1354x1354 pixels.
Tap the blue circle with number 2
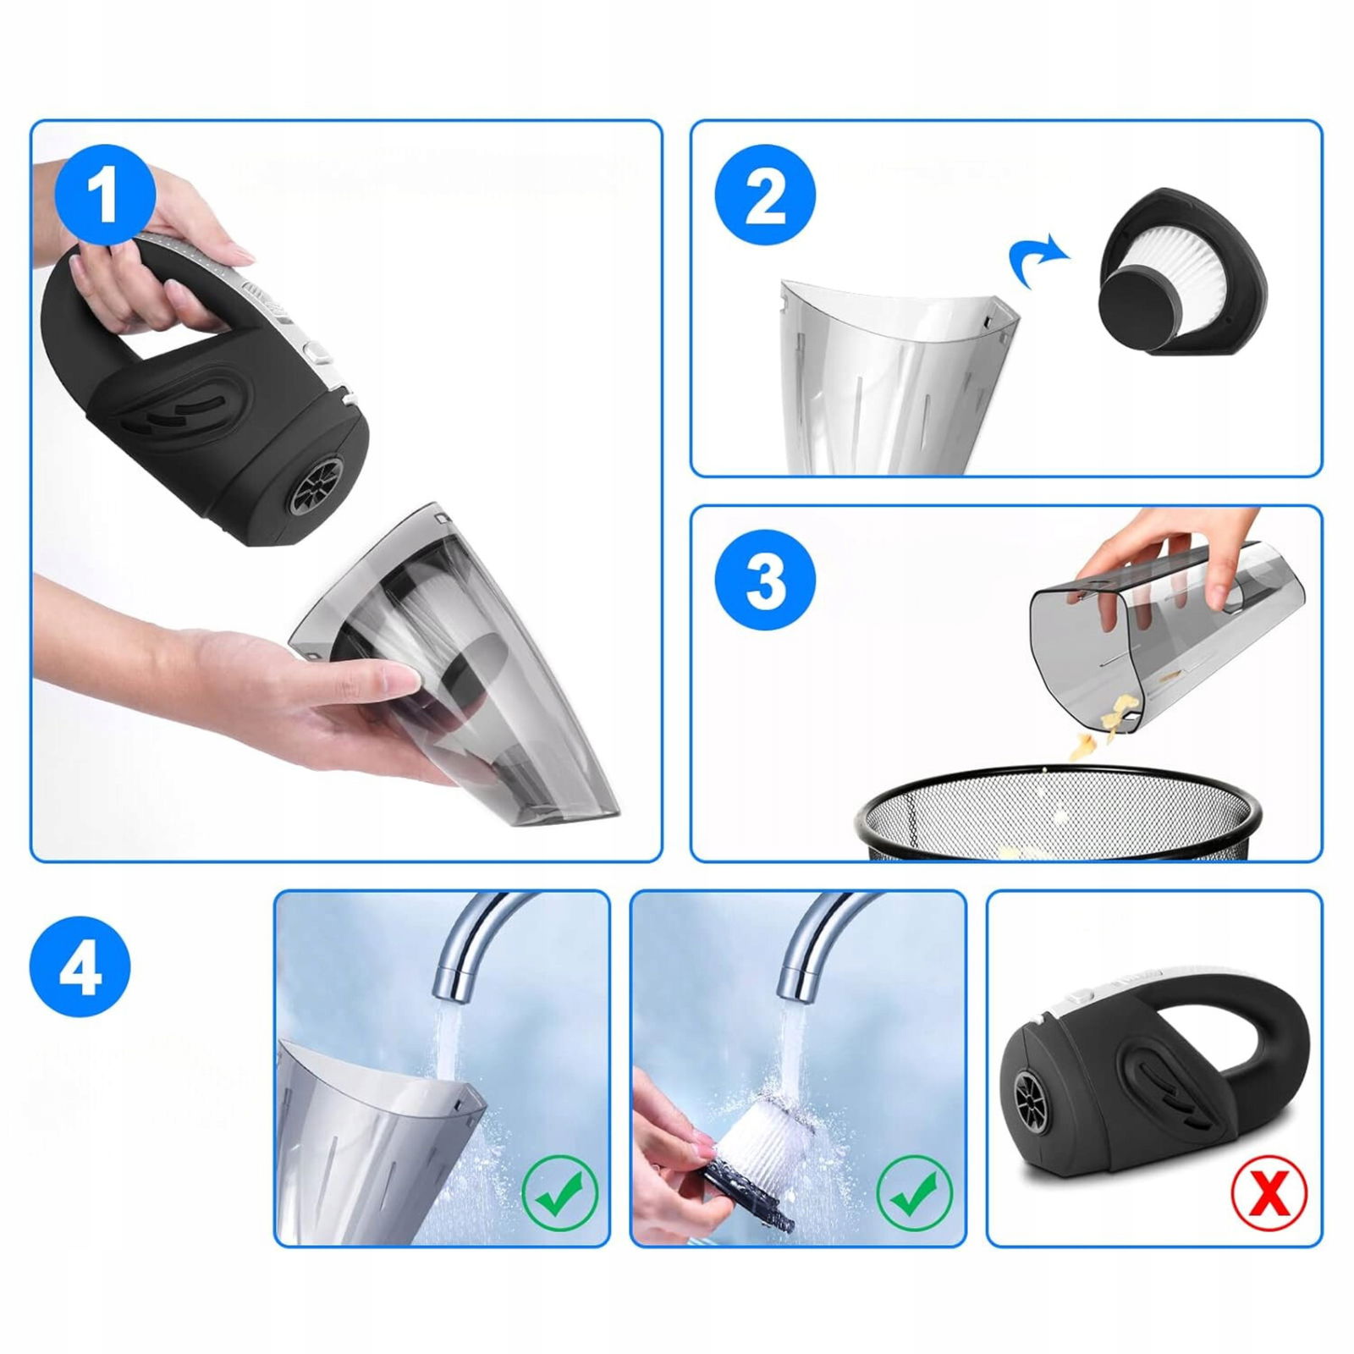coord(765,195)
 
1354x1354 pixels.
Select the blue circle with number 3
coord(765,581)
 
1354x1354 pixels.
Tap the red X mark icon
coord(1269,1193)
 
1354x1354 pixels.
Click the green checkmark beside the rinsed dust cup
coord(559,1193)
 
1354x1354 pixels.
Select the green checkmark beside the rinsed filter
coord(914,1193)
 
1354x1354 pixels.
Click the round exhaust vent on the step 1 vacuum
coord(317,487)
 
